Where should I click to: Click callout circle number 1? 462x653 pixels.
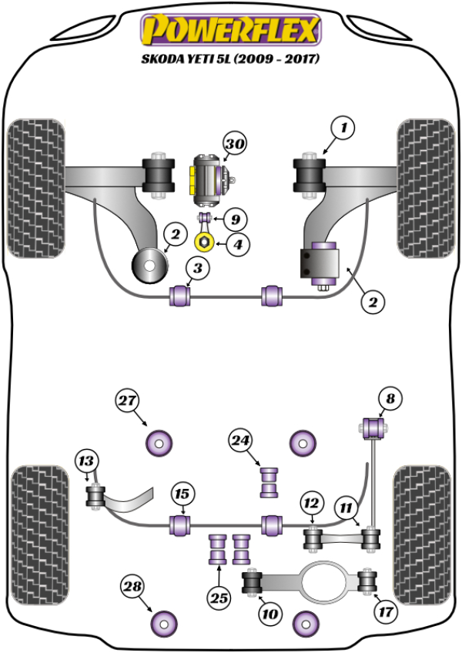point(343,126)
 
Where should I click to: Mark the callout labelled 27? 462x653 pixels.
point(128,400)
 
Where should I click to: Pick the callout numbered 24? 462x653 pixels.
point(240,440)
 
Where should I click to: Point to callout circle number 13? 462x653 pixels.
point(87,461)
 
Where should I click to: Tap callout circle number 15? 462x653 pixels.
point(182,494)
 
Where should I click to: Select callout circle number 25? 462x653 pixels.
point(219,596)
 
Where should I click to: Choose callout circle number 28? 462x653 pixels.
point(134,588)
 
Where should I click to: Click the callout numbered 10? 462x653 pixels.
point(269,614)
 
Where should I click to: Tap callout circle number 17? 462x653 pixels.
point(387,614)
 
